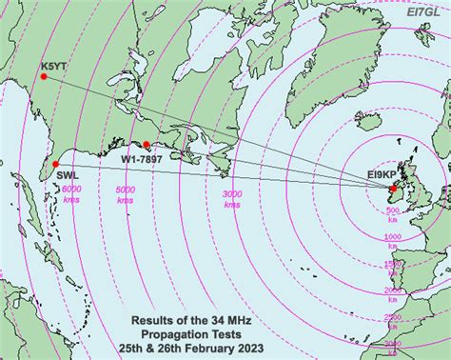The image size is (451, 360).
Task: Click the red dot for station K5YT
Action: click(x=43, y=76)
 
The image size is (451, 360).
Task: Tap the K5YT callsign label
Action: click(x=54, y=66)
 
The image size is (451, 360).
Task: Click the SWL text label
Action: click(x=67, y=176)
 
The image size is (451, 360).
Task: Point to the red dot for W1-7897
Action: click(x=146, y=146)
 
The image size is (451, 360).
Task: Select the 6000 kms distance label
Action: click(x=72, y=194)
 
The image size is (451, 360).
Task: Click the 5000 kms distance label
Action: click(x=125, y=194)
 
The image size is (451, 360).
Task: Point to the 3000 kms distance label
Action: click(x=231, y=200)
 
